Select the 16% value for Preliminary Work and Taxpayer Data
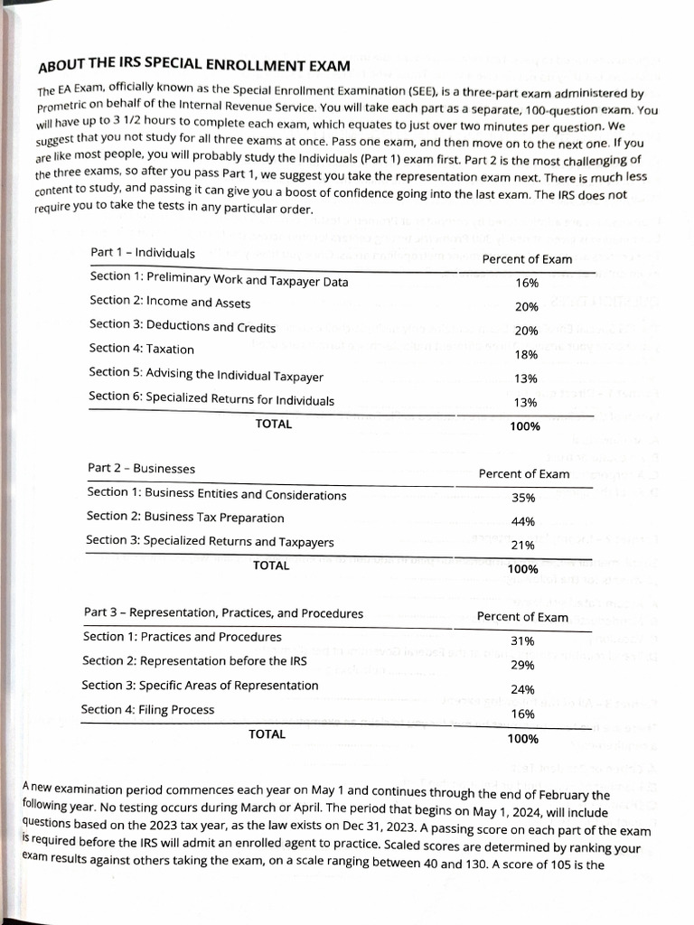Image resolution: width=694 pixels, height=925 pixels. [x=526, y=283]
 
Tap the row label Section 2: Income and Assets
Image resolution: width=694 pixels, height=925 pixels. [x=170, y=302]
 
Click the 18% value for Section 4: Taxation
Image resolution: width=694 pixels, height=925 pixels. [x=526, y=355]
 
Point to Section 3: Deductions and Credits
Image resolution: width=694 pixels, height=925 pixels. [x=183, y=326]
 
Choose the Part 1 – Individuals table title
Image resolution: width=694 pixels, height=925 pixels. [x=142, y=252]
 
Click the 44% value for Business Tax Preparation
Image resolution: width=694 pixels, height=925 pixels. [x=523, y=521]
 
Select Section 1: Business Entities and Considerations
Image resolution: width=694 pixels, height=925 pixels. [x=216, y=494]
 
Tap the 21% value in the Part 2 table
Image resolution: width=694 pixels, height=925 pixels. [x=523, y=546]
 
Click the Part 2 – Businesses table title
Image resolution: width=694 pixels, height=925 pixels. [x=140, y=468]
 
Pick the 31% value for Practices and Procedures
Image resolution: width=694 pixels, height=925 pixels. [x=522, y=641]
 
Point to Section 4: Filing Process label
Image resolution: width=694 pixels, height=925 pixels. [x=147, y=709]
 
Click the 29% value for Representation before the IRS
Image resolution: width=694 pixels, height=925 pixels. [x=522, y=666]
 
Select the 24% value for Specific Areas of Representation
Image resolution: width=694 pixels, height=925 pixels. [x=522, y=690]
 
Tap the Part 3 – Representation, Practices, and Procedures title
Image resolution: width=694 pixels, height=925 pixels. [x=223, y=612]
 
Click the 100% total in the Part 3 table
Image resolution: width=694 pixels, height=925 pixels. [x=523, y=739]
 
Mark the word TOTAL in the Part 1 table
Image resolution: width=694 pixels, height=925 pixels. [x=274, y=424]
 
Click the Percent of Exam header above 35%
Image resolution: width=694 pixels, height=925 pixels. [x=524, y=473]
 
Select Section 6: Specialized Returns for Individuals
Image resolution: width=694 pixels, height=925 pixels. [x=211, y=399]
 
